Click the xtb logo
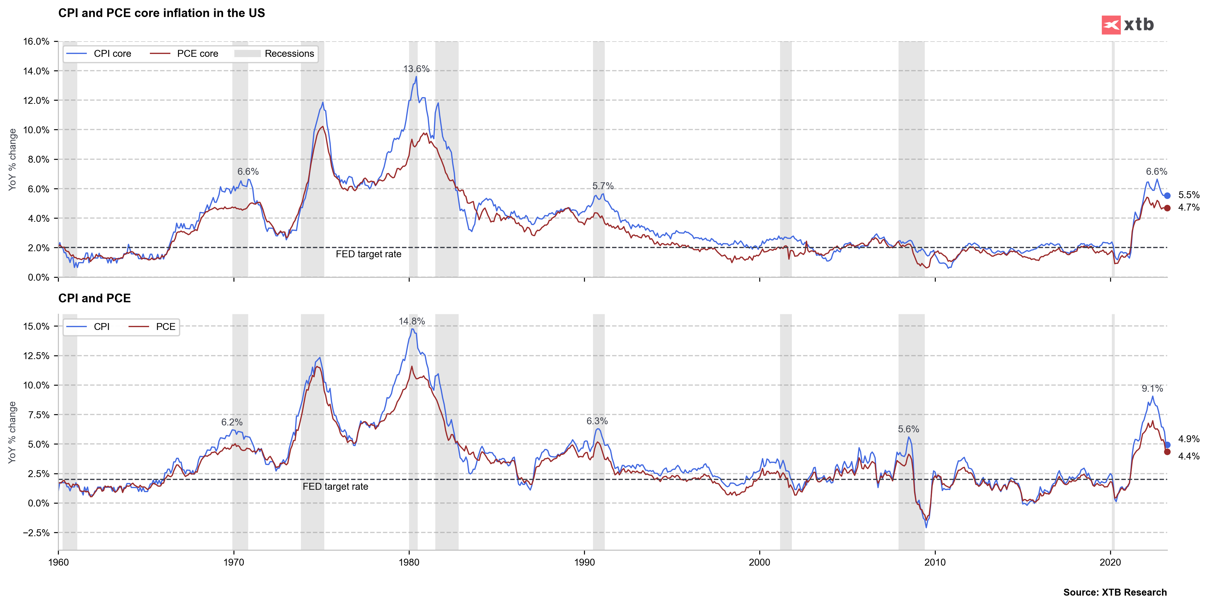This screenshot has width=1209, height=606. pyautogui.click(x=1127, y=25)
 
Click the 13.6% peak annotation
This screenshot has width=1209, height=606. pyautogui.click(x=416, y=69)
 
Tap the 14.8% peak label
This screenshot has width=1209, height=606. pyautogui.click(x=412, y=321)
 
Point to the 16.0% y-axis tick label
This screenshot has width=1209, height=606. pyautogui.click(x=36, y=41)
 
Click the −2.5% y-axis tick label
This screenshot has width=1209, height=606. pyautogui.click(x=36, y=533)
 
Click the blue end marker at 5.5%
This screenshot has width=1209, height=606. pyautogui.click(x=1167, y=196)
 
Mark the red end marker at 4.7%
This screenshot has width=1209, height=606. pyautogui.click(x=1167, y=208)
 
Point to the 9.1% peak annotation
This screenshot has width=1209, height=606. pyautogui.click(x=1152, y=389)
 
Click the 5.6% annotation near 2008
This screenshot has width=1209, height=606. pyautogui.click(x=909, y=429)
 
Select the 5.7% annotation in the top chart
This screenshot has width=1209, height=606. pyautogui.click(x=602, y=186)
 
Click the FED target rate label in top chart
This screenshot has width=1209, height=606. pyautogui.click(x=368, y=254)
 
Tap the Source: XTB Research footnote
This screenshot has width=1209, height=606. pyautogui.click(x=1115, y=592)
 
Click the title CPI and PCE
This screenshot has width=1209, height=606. pyautogui.click(x=94, y=298)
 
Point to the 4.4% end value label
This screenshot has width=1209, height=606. pyautogui.click(x=1188, y=456)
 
